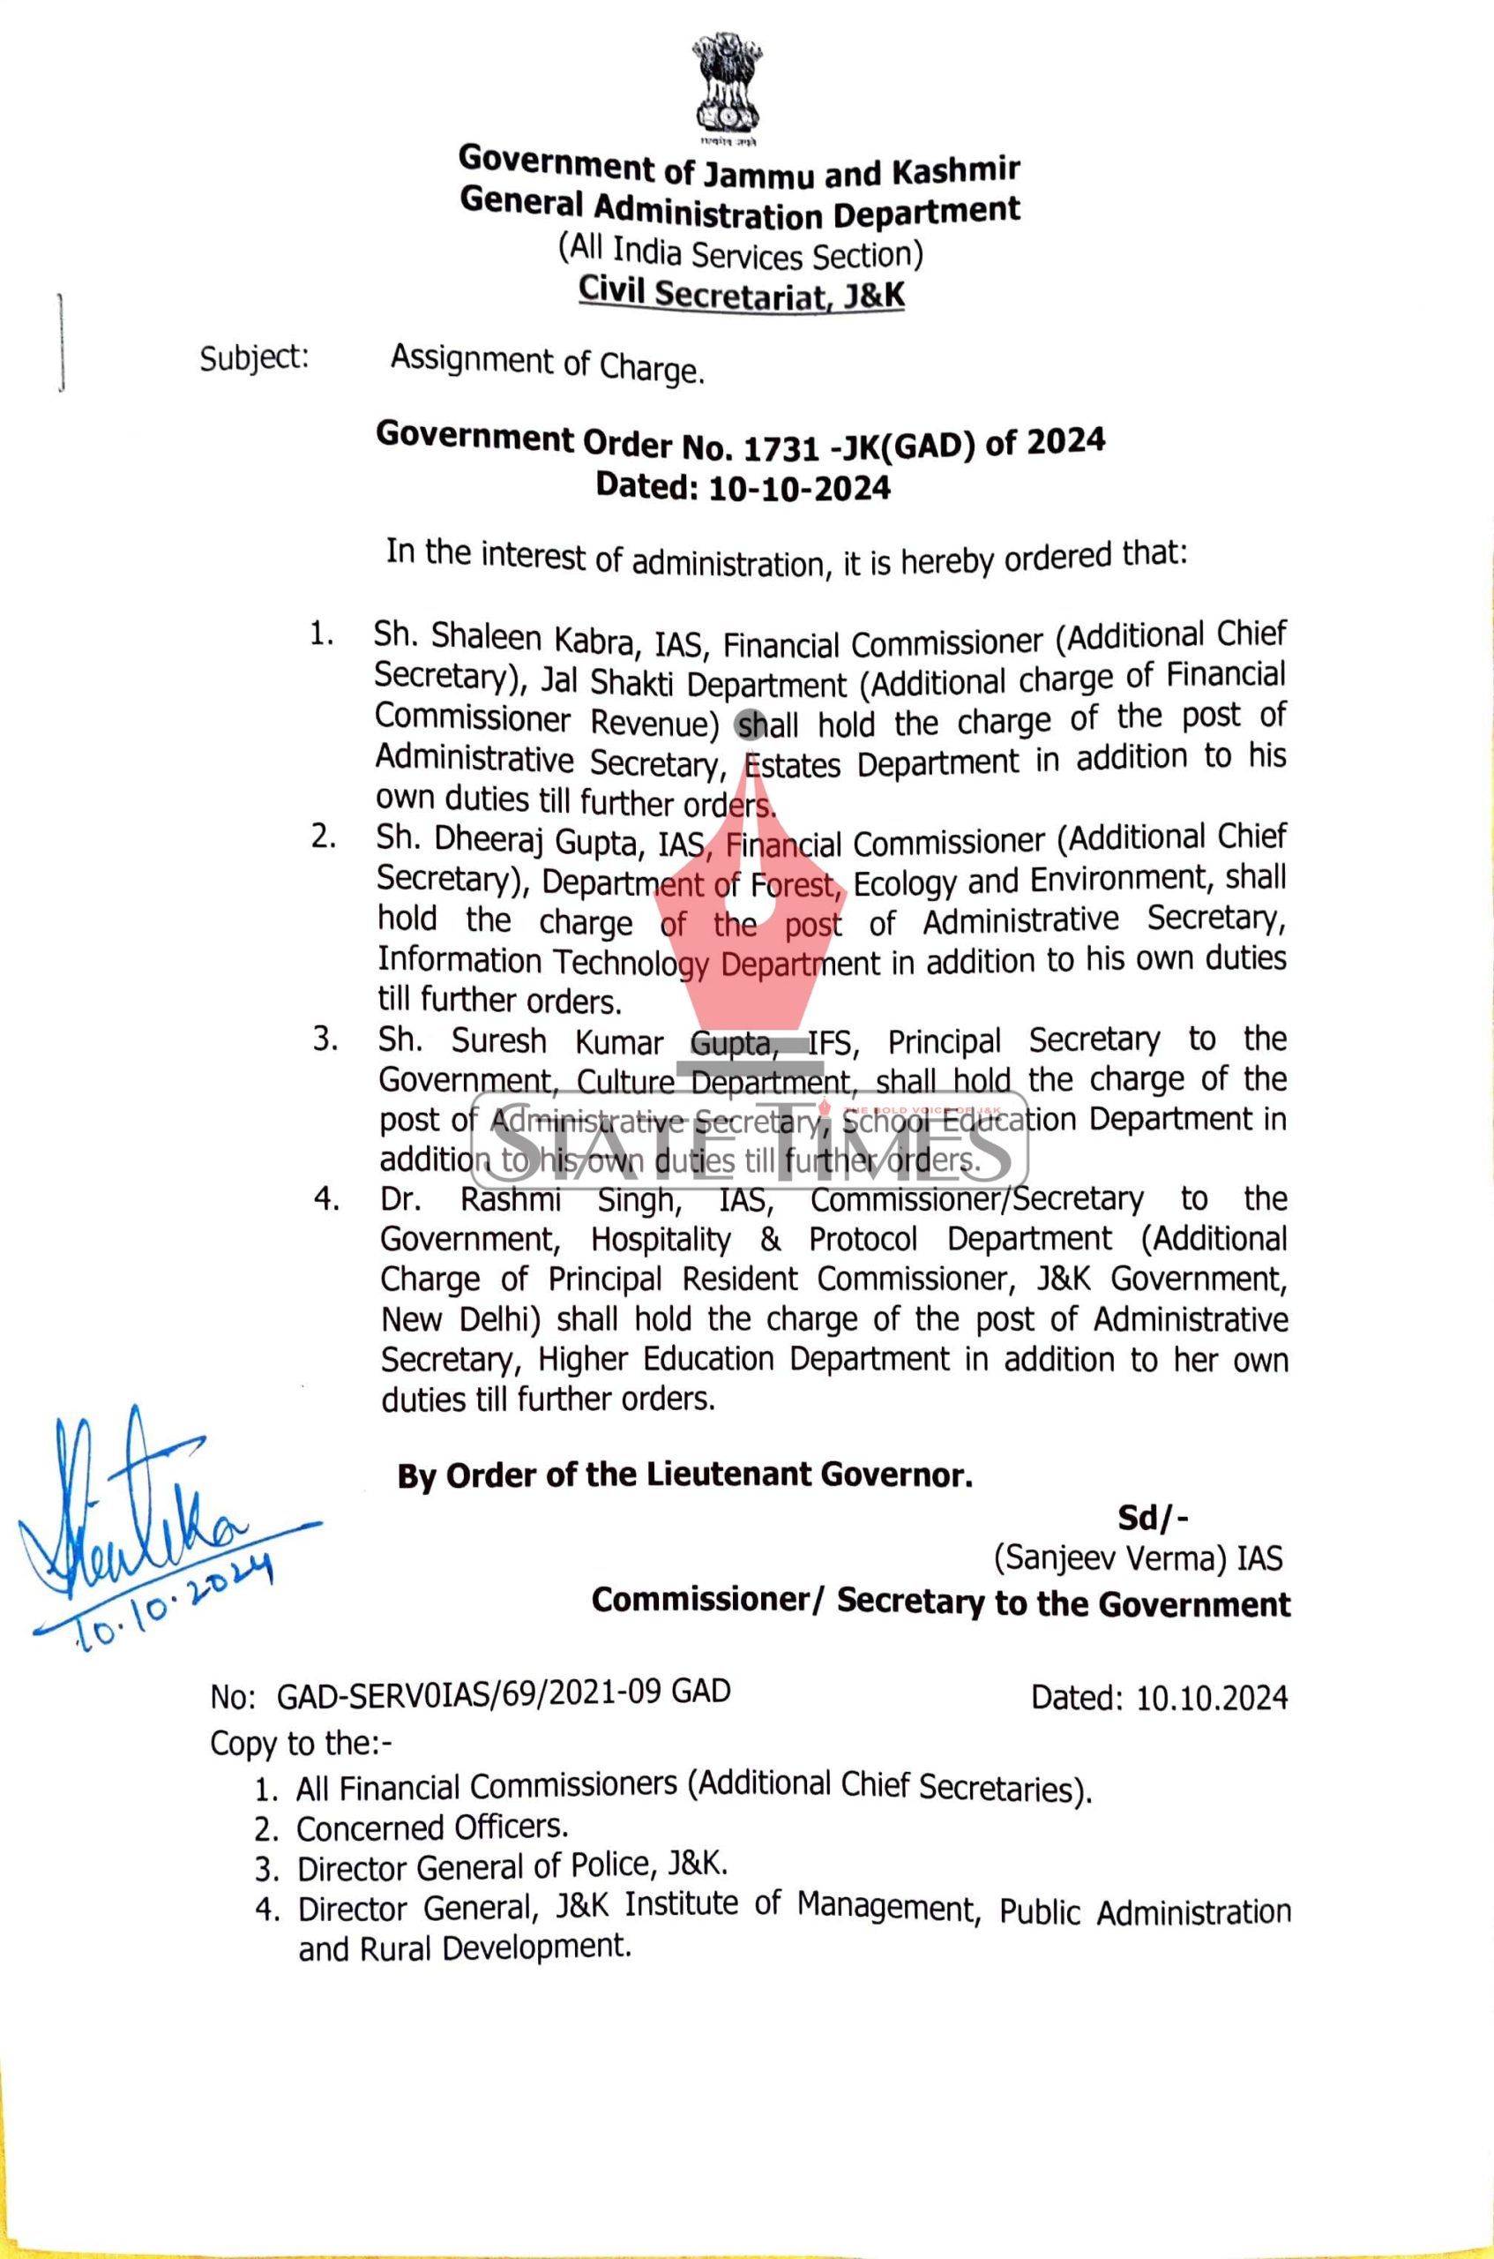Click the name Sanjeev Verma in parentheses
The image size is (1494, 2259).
[1111, 1558]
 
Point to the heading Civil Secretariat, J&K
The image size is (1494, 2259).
[743, 295]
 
